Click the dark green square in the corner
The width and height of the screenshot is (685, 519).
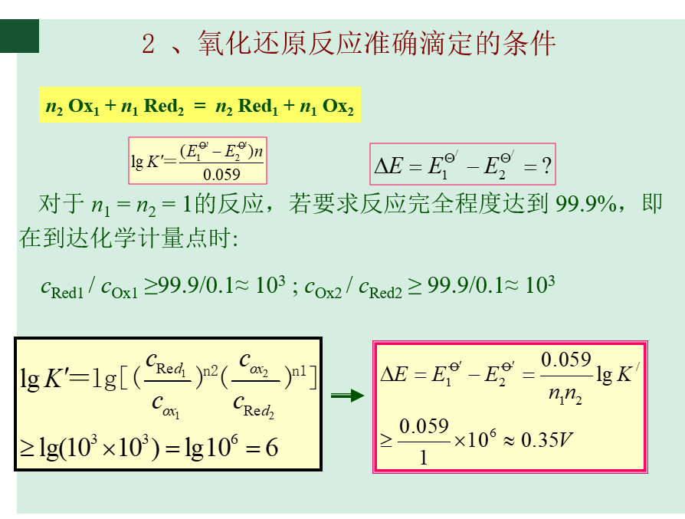pos(19,36)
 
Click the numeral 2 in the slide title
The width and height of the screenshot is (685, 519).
pos(148,44)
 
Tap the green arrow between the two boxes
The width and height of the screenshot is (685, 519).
pos(347,396)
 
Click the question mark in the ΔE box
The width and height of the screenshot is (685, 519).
pos(546,166)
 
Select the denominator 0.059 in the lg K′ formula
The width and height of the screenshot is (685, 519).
pos(221,175)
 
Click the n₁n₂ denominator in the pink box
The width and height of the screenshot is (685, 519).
pos(566,396)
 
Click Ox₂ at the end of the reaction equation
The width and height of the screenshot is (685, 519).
pos(338,107)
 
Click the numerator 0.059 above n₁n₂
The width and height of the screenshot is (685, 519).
pos(566,360)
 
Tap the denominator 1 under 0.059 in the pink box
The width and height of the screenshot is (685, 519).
pos(424,457)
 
